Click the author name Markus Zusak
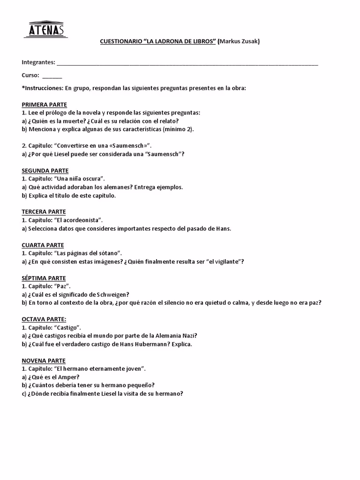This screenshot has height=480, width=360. coord(239,41)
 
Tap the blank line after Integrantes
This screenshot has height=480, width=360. coord(187,63)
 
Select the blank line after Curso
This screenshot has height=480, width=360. coord(52,75)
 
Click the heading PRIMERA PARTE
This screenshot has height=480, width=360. coord(44,105)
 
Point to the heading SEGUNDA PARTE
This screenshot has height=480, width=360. coord(45,171)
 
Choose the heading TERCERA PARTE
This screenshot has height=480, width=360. coord(44,212)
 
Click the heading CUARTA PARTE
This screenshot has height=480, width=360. coord(43,245)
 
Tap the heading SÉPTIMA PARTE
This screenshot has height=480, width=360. coord(44,278)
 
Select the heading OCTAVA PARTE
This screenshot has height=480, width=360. coord(44,319)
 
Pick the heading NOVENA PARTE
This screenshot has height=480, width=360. coord(44,361)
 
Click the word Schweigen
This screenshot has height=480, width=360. coord(112,295)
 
